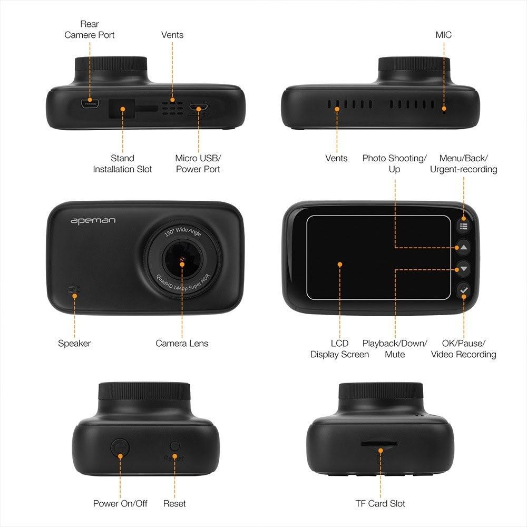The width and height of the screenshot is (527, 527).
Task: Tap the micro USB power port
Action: [198, 108]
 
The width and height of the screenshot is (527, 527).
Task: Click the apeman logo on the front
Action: [93, 221]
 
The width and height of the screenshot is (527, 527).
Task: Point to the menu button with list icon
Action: [463, 226]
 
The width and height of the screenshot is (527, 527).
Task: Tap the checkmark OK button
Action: [464, 290]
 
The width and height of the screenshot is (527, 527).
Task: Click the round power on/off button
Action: [120, 447]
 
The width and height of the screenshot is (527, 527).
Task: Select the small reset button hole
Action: [175, 446]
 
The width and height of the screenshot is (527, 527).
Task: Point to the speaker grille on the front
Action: [74, 290]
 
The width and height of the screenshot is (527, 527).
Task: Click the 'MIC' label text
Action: [443, 35]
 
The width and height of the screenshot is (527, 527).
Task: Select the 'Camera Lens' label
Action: [182, 343]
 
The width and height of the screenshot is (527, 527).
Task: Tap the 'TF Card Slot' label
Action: [380, 503]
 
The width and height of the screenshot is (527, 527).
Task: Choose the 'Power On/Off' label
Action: [120, 503]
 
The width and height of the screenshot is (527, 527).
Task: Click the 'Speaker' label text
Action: [74, 344]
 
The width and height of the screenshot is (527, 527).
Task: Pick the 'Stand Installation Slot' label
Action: [122, 164]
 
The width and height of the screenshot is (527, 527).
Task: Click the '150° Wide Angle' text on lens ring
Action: [182, 231]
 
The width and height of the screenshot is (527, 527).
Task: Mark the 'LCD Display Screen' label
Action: [339, 349]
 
